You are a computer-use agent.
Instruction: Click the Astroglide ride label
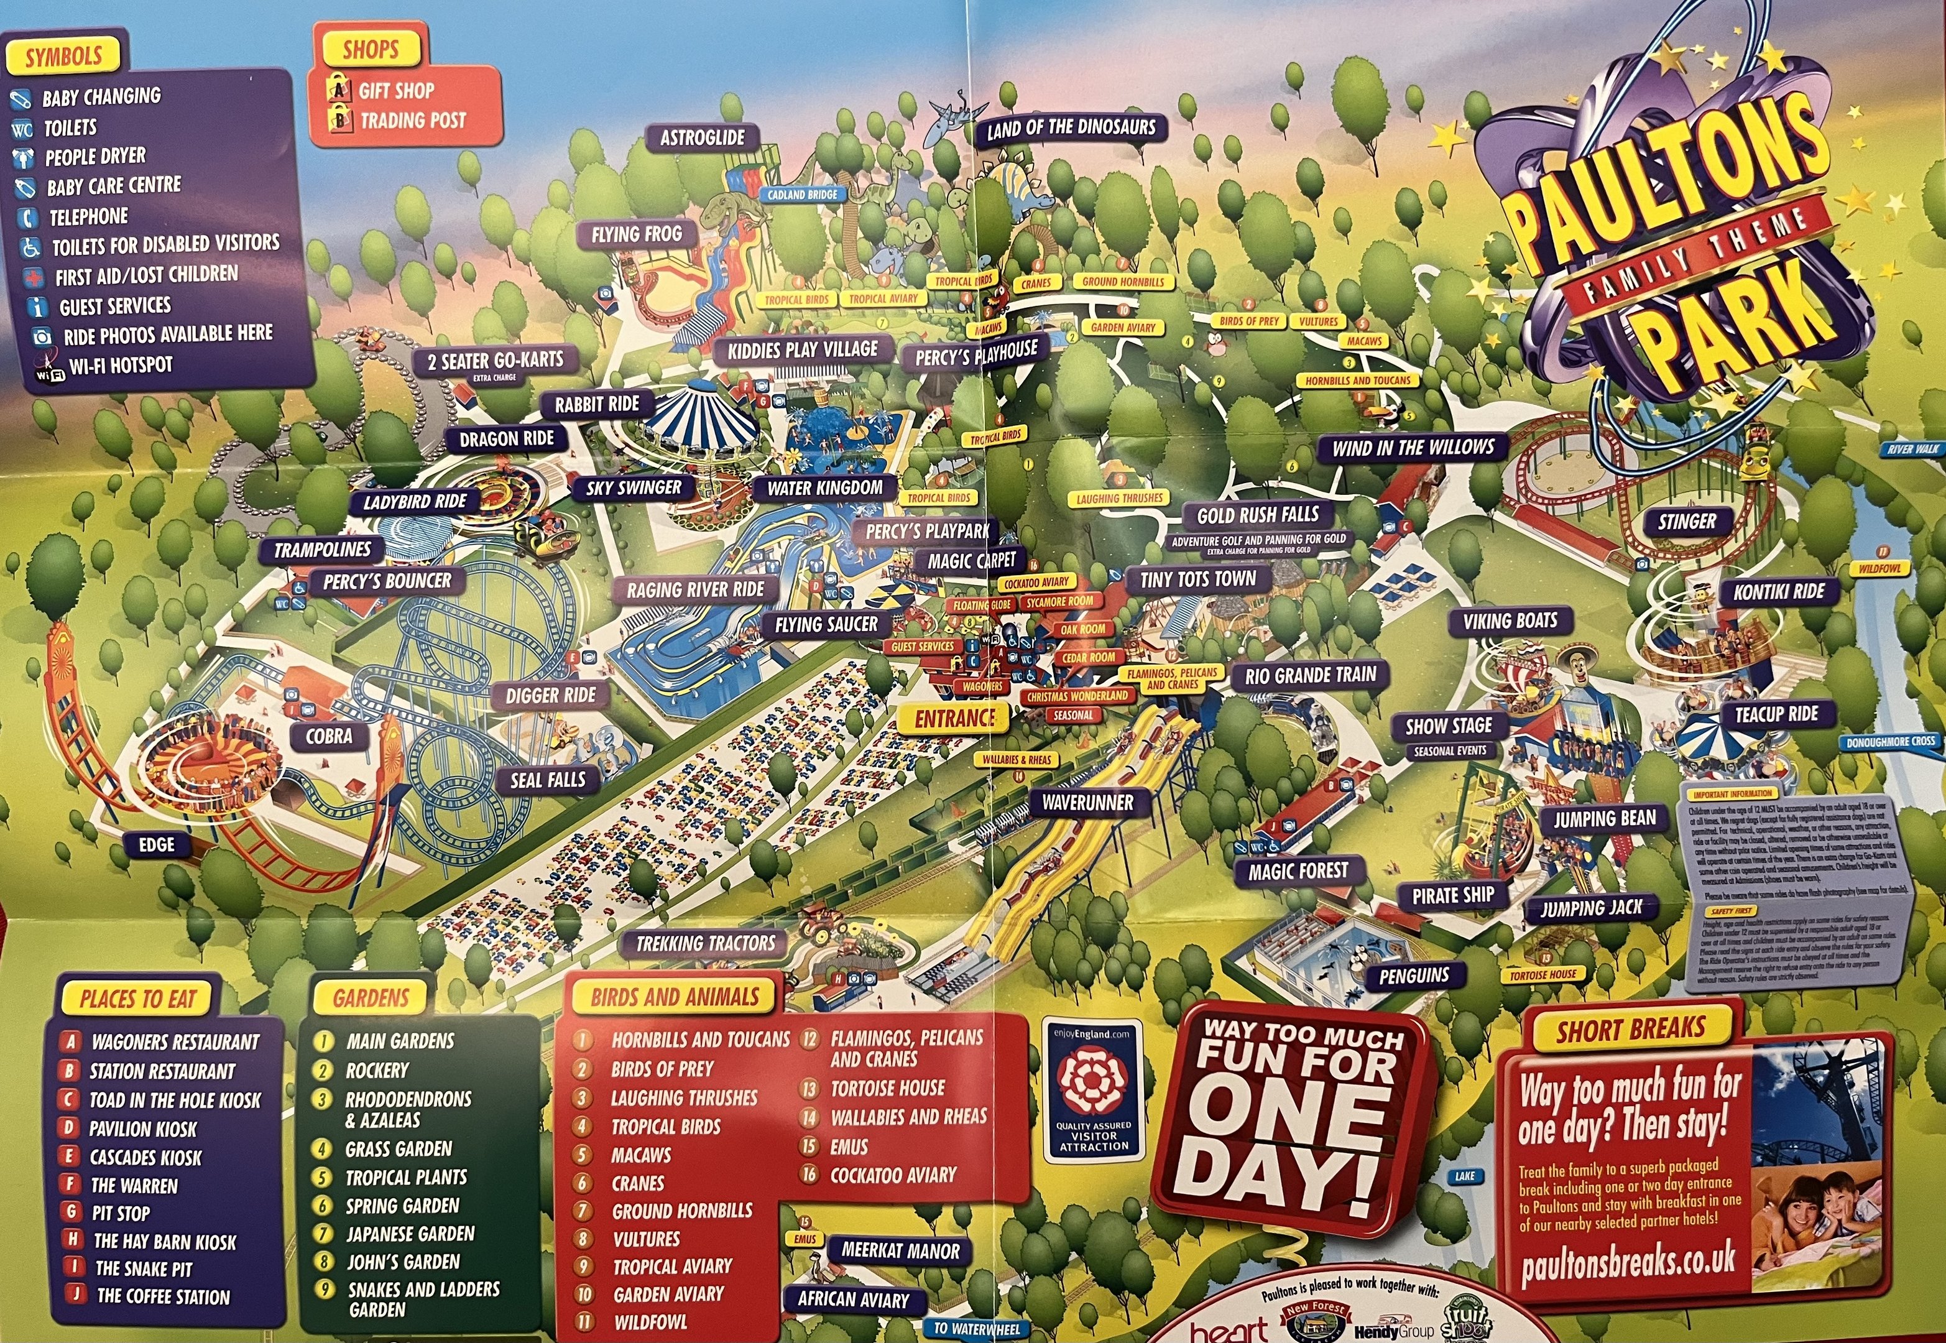click(x=702, y=137)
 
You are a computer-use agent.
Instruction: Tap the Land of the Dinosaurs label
click(x=1071, y=129)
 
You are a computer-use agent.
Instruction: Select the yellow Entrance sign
click(x=955, y=718)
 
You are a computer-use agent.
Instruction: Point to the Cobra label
click(x=329, y=736)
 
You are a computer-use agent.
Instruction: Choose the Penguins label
click(x=1414, y=976)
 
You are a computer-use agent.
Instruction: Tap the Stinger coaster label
click(x=1687, y=522)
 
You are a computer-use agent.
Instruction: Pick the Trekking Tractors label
click(x=705, y=943)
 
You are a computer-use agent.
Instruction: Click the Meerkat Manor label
click(x=900, y=1251)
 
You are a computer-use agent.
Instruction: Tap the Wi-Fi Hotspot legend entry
click(x=121, y=365)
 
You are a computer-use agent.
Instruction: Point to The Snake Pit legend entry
click(x=144, y=1269)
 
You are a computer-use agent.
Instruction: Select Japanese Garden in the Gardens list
click(x=410, y=1234)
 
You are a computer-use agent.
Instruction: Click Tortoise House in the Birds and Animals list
click(x=888, y=1088)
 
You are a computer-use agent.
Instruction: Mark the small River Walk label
click(x=1913, y=450)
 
